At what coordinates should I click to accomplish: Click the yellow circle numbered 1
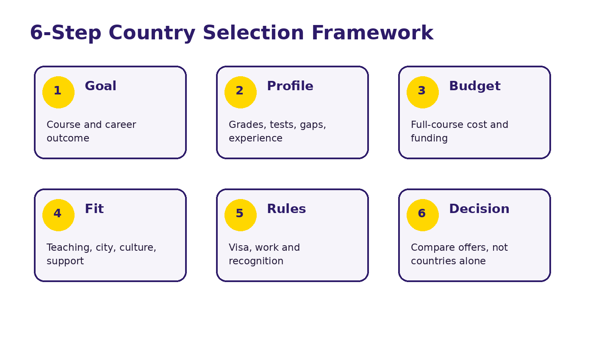pyautogui.click(x=58, y=92)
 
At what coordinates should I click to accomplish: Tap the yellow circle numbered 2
pyautogui.click(x=241, y=92)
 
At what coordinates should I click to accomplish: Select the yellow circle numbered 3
pyautogui.click(x=423, y=92)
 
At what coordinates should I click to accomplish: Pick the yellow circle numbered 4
pyautogui.click(x=58, y=215)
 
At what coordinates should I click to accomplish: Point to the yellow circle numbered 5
pyautogui.click(x=241, y=215)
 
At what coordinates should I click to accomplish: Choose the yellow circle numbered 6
pyautogui.click(x=423, y=215)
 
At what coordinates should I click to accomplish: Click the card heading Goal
pyautogui.click(x=101, y=86)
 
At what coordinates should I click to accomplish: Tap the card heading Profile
pyautogui.click(x=290, y=86)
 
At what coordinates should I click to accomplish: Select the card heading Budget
pyautogui.click(x=475, y=86)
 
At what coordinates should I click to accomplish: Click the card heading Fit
pyautogui.click(x=94, y=208)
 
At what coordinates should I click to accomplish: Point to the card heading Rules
pyautogui.click(x=286, y=208)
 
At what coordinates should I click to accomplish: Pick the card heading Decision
pyautogui.click(x=479, y=208)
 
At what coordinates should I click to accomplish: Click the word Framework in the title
pyautogui.click(x=373, y=33)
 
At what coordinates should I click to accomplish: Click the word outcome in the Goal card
pyautogui.click(x=68, y=138)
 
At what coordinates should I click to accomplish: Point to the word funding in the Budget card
pyautogui.click(x=429, y=138)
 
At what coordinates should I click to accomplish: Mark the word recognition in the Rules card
pyautogui.click(x=256, y=261)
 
